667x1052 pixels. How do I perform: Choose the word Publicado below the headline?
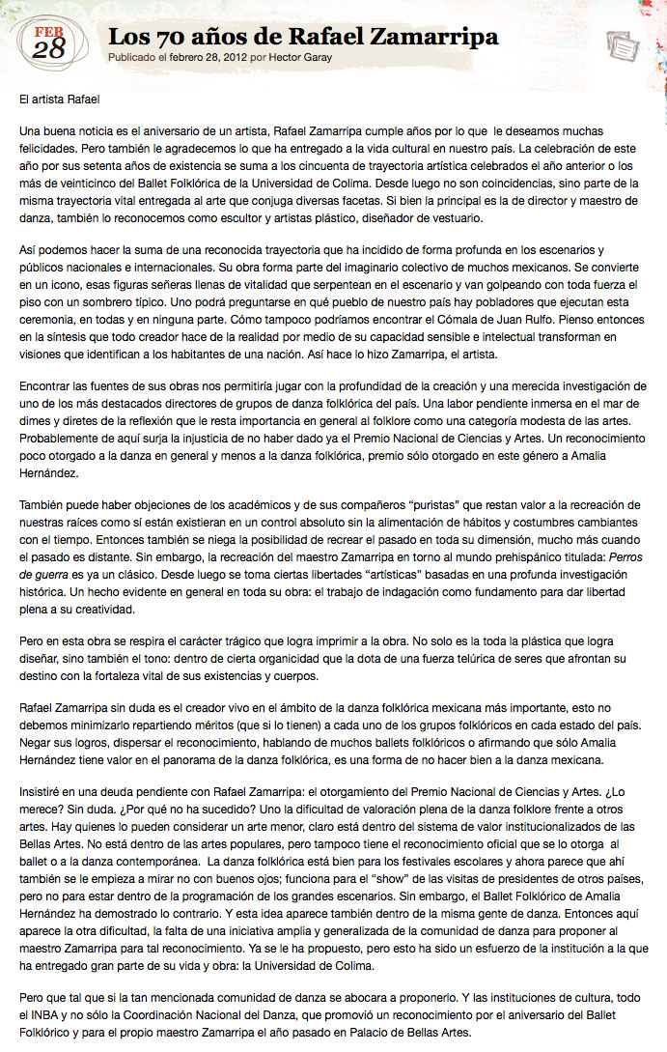[x=135, y=58]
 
